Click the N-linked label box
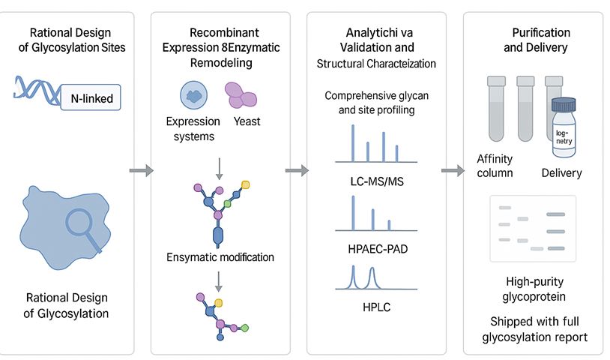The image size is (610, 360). point(92,97)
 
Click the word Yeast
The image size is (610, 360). point(247,121)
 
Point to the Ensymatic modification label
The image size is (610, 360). point(220,257)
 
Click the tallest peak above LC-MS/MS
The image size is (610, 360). point(353,142)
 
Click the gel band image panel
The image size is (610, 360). point(532,228)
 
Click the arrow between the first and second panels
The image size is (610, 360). point(141,171)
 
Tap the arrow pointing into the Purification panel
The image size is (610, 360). point(452,171)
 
